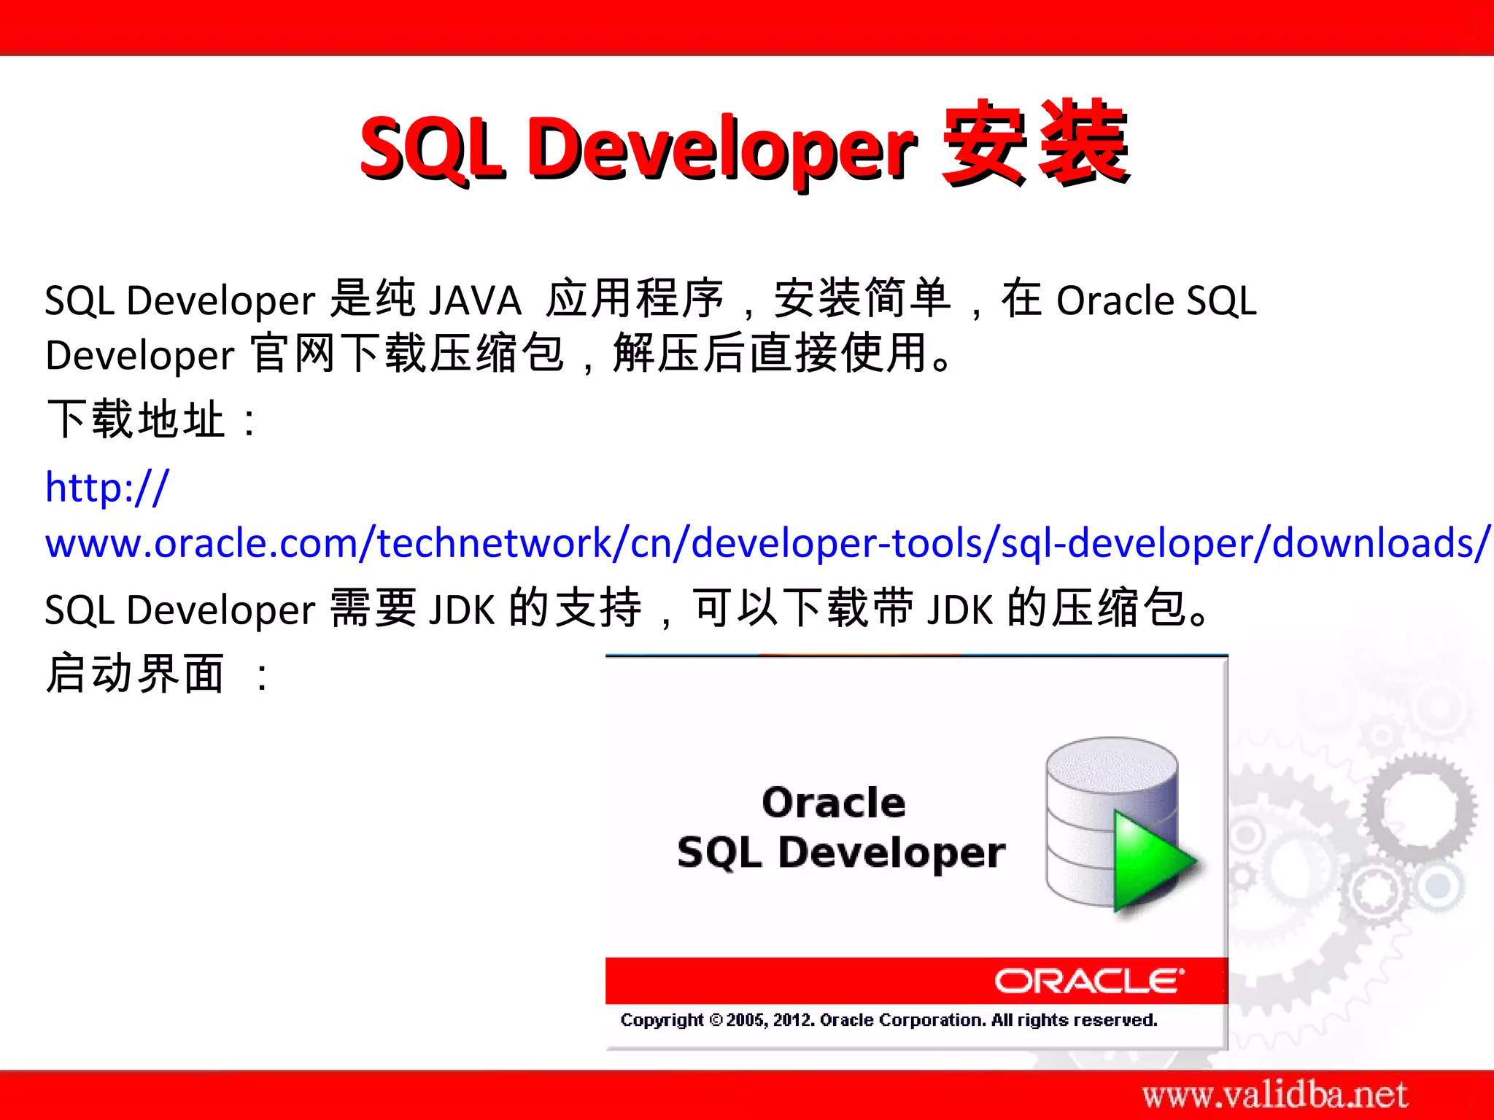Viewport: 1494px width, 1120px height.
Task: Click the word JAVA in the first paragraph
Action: [x=475, y=300]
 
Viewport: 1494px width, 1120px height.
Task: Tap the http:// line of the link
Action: [x=107, y=487]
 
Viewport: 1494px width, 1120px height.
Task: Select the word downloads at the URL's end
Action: [x=1374, y=543]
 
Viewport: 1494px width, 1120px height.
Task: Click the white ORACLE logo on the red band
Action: [x=1089, y=981]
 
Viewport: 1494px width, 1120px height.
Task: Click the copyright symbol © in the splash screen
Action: [x=716, y=1020]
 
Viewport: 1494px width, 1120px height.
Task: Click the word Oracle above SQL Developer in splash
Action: [x=833, y=803]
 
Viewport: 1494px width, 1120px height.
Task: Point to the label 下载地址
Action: [x=136, y=420]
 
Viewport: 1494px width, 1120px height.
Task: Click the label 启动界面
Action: [x=136, y=674]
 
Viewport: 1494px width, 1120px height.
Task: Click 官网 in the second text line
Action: [x=293, y=355]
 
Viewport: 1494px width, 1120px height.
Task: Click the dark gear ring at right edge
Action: [x=1419, y=808]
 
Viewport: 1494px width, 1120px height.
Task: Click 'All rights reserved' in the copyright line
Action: [x=1073, y=1019]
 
